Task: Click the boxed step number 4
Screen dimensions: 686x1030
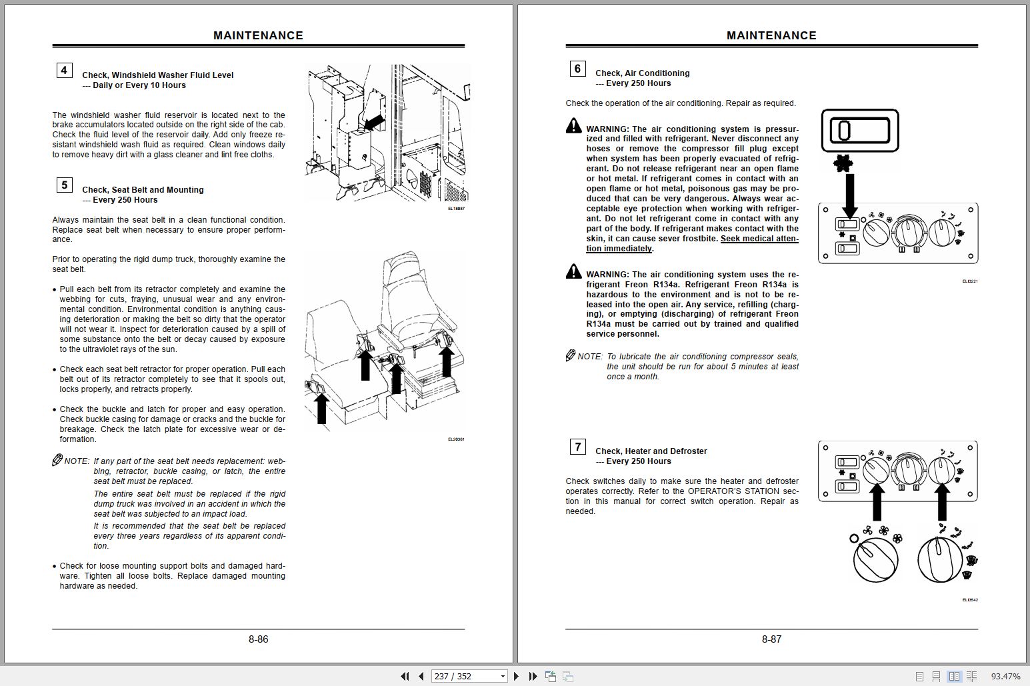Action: [64, 70]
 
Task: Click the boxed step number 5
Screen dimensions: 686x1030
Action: [64, 185]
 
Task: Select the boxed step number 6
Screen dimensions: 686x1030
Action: [577, 68]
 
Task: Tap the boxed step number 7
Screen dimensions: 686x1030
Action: [577, 446]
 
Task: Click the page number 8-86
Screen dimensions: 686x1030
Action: [258, 639]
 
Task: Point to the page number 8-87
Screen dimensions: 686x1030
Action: [771, 639]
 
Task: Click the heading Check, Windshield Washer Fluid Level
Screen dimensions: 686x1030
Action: [157, 75]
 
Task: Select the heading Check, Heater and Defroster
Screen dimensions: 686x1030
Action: [651, 451]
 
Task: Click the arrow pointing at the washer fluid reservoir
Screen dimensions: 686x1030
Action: [374, 122]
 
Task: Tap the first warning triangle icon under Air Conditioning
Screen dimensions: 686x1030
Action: [573, 126]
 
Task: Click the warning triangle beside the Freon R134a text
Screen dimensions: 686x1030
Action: [573, 271]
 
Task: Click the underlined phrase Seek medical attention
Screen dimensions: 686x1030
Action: [759, 239]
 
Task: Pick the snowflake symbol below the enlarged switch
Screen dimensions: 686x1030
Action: [841, 162]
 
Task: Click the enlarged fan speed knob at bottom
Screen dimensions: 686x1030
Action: [875, 559]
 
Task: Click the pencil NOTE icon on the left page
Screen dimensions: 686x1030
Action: [57, 460]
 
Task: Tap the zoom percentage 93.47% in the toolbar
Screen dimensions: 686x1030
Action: [1005, 676]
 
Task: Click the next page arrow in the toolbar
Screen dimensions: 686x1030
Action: [516, 676]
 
